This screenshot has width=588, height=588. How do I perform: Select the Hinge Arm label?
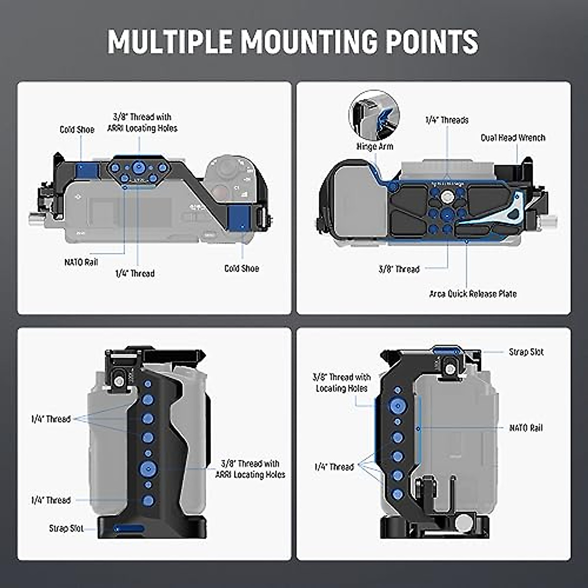click(x=374, y=146)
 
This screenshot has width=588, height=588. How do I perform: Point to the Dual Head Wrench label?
click(x=513, y=138)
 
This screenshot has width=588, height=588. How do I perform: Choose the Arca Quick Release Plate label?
click(x=473, y=294)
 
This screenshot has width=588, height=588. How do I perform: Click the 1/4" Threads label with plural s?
click(x=446, y=120)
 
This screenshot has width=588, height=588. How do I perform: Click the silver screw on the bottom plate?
click(x=447, y=197)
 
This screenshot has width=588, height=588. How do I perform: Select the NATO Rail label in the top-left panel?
click(x=81, y=262)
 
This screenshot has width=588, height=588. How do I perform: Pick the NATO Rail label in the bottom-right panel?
click(x=526, y=428)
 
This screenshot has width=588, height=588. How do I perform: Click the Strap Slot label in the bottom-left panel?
click(x=66, y=528)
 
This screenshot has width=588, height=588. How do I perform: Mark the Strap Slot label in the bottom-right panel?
click(x=526, y=352)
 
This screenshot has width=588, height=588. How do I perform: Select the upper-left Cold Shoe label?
click(x=77, y=129)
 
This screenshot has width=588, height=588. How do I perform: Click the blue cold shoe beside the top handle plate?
click(x=88, y=170)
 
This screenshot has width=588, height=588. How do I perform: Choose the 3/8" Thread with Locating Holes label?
click(x=342, y=383)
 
